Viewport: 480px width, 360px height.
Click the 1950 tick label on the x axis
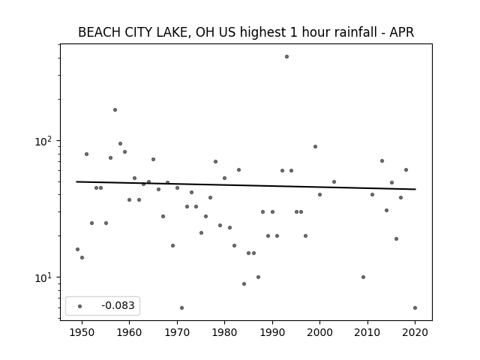82,332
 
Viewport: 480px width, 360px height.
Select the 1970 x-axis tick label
177,332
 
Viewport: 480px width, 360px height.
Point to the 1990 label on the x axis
272,332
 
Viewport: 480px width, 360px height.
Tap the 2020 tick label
415,332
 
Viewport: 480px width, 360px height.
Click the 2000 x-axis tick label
319,332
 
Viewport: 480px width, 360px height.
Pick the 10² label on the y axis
44,142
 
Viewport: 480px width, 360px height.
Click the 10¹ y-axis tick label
44,278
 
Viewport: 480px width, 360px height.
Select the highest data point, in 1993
286,57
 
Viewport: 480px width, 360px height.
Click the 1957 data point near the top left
115,110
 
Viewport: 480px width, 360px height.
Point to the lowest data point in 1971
181,308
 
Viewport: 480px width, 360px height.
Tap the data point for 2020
415,308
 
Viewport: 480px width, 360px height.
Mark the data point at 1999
315,147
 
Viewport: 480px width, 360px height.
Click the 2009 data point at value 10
363,277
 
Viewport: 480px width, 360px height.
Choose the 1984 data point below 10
244,284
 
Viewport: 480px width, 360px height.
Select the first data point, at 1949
77,250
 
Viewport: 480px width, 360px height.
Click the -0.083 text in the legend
118,305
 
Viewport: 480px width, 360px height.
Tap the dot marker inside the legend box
80,307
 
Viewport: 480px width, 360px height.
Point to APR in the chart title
402,32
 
